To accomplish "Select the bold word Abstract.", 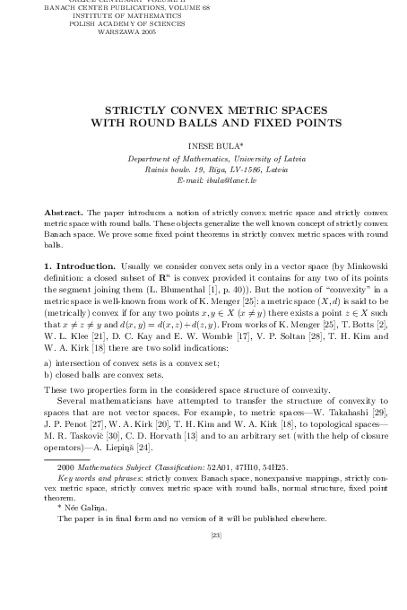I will pyautogui.click(x=64, y=212).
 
